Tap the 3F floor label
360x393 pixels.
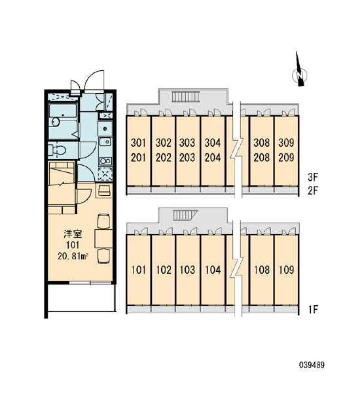tap(313, 178)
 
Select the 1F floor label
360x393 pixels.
tap(313, 310)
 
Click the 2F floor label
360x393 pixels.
tap(313, 191)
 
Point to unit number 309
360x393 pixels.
tap(286, 143)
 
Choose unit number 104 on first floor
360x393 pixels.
tap(213, 270)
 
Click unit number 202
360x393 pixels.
tap(164, 158)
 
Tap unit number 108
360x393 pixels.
tap(262, 270)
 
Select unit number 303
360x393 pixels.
tap(187, 143)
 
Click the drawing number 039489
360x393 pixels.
tap(312, 365)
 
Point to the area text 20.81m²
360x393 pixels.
tap(73, 256)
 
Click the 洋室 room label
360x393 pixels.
tap(73, 234)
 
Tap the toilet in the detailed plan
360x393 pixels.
tap(57, 151)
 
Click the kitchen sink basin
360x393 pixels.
tap(105, 142)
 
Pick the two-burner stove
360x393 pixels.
tap(105, 161)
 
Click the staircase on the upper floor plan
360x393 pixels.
tap(186, 97)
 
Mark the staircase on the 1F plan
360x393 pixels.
tap(185, 215)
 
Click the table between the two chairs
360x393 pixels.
tap(103, 238)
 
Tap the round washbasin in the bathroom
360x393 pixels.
tap(56, 122)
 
